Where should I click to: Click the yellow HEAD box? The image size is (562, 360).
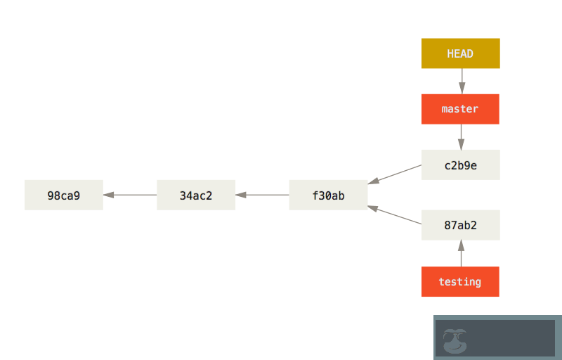[460, 53]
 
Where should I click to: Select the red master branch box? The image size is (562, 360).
[460, 109]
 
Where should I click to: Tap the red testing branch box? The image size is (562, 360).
[460, 281]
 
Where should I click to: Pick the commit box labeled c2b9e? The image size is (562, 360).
[460, 165]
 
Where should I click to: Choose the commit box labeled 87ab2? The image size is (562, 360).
[460, 225]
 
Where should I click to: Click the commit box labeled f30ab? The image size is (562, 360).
[328, 195]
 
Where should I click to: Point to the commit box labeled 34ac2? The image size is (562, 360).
[196, 195]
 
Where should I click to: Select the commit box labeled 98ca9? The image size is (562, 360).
[64, 195]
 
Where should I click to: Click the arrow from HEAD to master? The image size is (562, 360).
[461, 81]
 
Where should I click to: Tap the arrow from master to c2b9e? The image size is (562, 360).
[461, 136]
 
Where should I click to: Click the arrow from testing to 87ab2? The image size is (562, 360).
[461, 253]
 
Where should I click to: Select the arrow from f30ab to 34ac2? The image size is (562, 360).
[262, 195]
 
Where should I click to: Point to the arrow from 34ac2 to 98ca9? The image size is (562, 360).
[130, 195]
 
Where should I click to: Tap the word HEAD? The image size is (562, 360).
[460, 53]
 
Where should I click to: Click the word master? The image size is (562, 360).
[460, 109]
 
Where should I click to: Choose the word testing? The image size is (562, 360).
[460, 282]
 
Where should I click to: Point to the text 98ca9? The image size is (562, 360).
[64, 195]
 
